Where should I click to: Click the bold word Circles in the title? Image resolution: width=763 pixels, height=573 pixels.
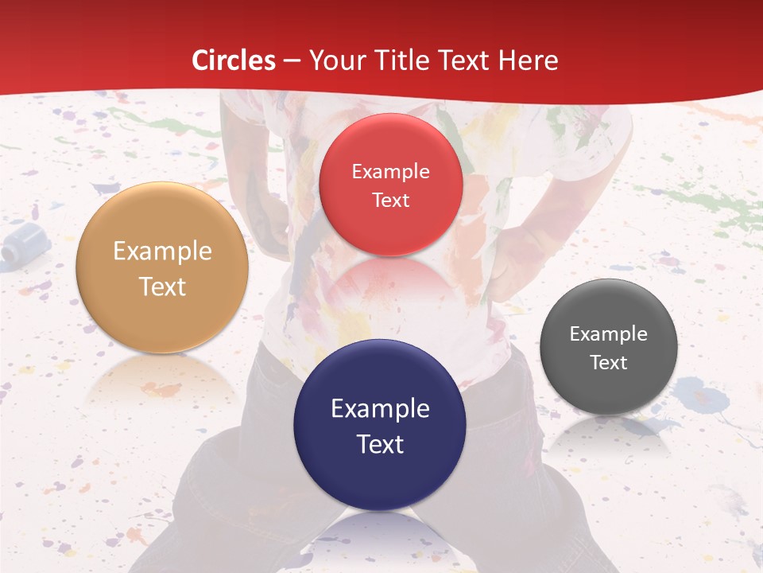pos(234,60)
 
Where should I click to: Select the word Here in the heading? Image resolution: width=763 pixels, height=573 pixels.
pos(528,60)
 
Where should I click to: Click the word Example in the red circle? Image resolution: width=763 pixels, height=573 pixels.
pos(390,171)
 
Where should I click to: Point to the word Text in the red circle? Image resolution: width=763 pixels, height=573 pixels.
pos(390,200)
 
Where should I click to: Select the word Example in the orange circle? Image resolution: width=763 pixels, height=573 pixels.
pos(162,251)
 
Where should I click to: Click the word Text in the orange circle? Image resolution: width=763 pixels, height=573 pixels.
pos(162,286)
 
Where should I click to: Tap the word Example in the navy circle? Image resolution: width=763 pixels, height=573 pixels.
pos(380,409)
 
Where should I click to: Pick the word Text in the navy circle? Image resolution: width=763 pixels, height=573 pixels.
pos(380,444)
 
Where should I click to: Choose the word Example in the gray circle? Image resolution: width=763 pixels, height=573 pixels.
pos(608,334)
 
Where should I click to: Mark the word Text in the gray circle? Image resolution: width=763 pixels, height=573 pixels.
pos(608,363)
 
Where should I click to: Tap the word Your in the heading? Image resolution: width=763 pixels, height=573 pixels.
pos(335,60)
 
